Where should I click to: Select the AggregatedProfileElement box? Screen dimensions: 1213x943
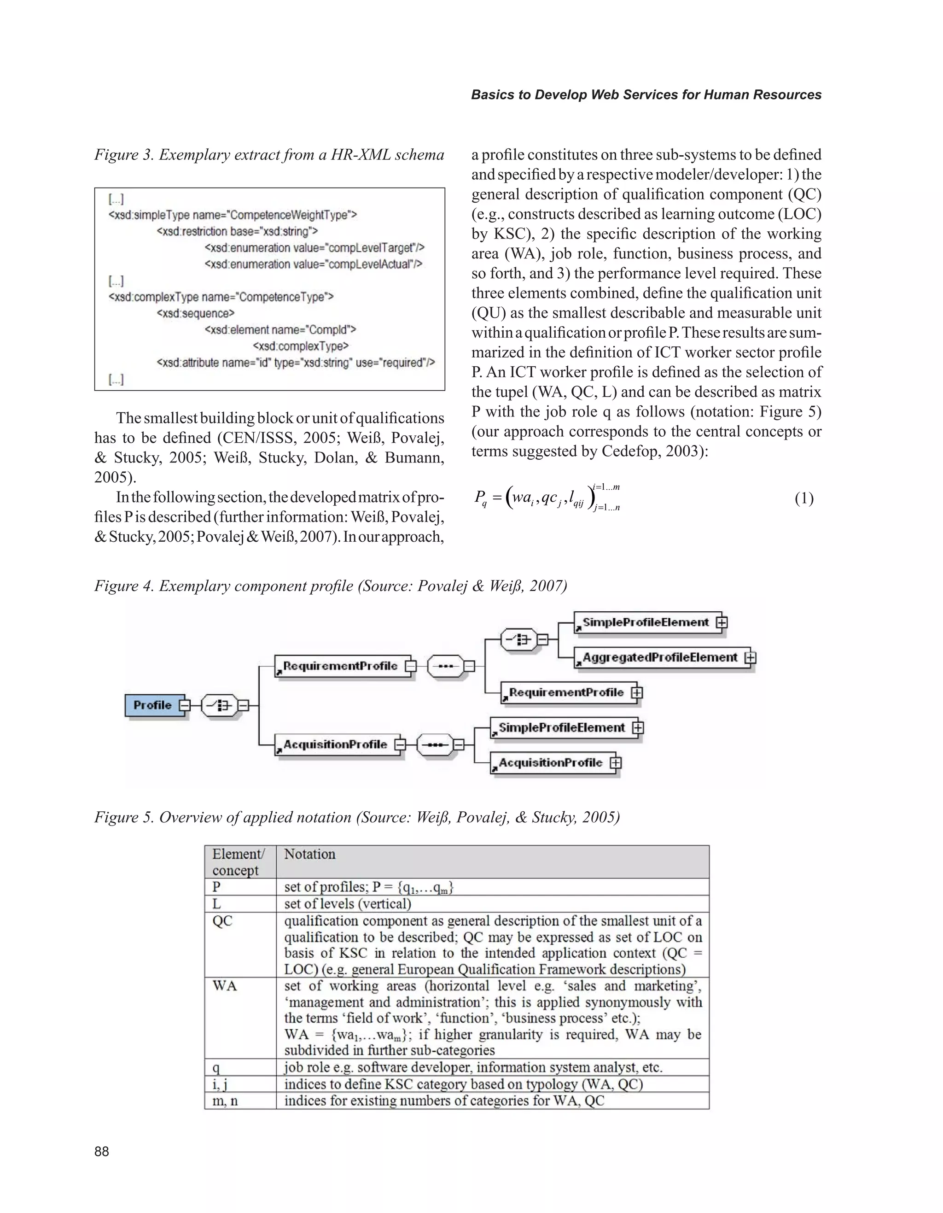coord(659,657)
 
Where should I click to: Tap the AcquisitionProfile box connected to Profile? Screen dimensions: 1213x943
coord(335,744)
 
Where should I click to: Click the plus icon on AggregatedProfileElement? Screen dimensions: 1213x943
coord(751,657)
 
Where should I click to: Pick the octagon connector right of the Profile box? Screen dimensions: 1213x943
coord(220,705)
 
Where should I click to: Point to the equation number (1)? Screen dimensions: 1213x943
coord(803,498)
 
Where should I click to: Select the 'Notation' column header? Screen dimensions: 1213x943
coord(310,854)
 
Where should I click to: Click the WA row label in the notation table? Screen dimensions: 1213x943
coord(224,985)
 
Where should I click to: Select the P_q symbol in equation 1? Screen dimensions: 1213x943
coord(481,498)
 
